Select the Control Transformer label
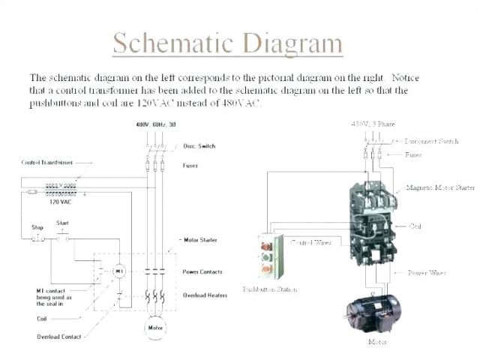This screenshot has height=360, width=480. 43,162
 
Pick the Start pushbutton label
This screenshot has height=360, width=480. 63,223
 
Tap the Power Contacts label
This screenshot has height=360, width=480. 202,271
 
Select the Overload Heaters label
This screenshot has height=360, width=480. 205,295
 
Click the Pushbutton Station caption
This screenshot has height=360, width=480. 269,289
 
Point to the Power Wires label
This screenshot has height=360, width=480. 427,273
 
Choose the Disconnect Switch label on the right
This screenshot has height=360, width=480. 431,141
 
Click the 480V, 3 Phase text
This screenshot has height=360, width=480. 372,123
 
